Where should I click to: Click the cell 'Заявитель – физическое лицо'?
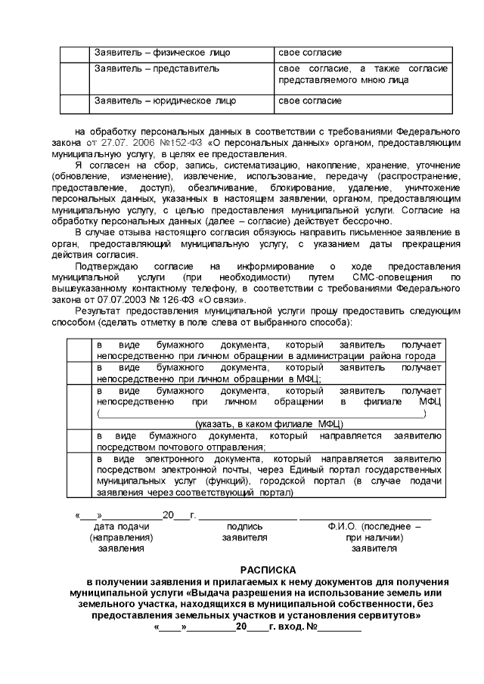pyautogui.click(x=162, y=53)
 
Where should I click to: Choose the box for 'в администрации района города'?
pyautogui.click(x=78, y=351)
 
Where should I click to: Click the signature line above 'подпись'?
pyautogui.click(x=246, y=516)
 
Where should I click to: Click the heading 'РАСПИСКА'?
pyautogui.click(x=269, y=569)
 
